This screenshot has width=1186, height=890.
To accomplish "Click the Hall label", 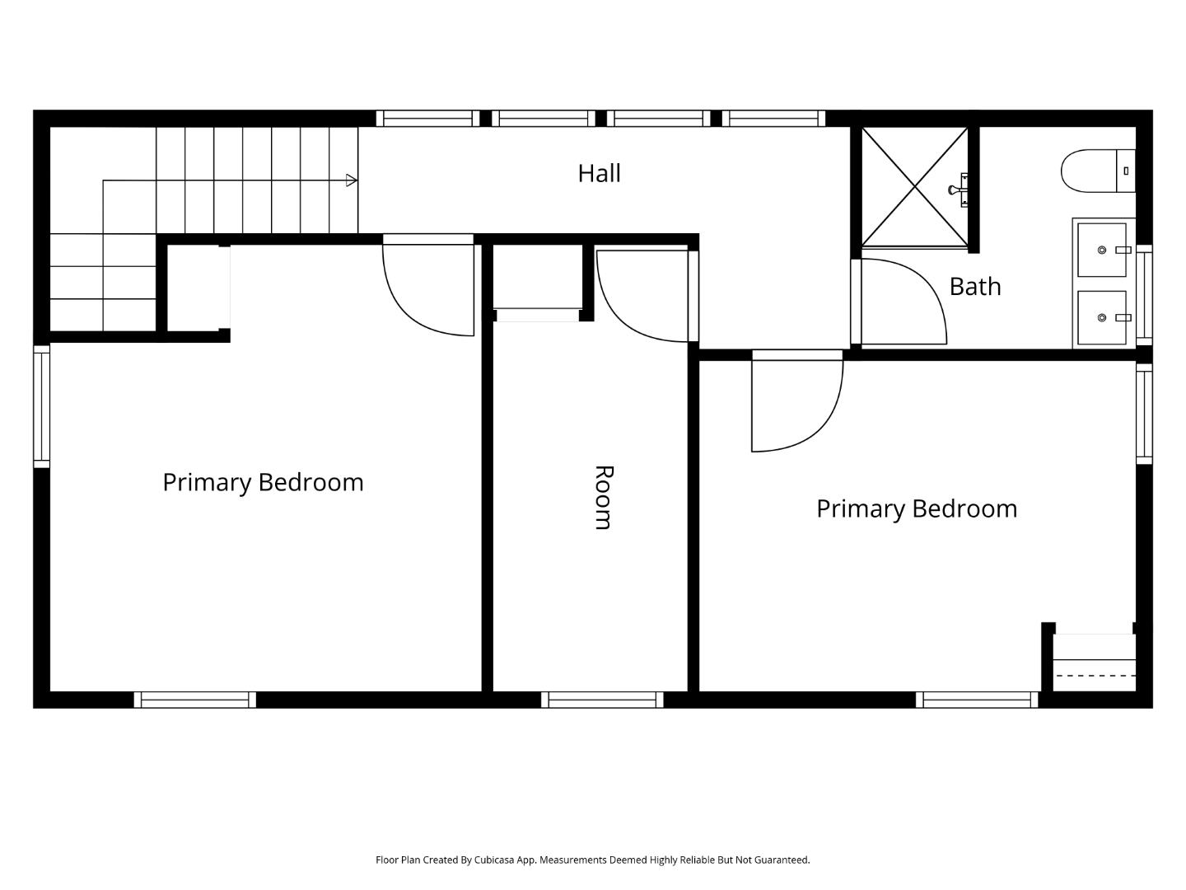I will (x=599, y=173).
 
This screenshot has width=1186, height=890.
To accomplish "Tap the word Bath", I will (x=975, y=287).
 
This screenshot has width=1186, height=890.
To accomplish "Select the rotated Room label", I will (x=604, y=497).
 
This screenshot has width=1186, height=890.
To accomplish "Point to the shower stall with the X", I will (x=914, y=186).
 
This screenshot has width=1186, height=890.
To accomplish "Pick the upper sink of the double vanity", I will (x=1102, y=250).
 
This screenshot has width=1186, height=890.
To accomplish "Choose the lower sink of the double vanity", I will (x=1102, y=317).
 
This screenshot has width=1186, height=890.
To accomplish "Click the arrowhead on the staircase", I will (x=352, y=180).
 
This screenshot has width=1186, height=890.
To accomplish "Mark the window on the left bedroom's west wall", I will (x=41, y=405).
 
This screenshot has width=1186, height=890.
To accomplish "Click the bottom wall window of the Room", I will (x=602, y=700).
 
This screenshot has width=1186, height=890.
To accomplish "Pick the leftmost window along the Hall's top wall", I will (x=427, y=118).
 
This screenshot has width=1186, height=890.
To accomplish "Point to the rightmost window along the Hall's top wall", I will (x=773, y=118).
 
